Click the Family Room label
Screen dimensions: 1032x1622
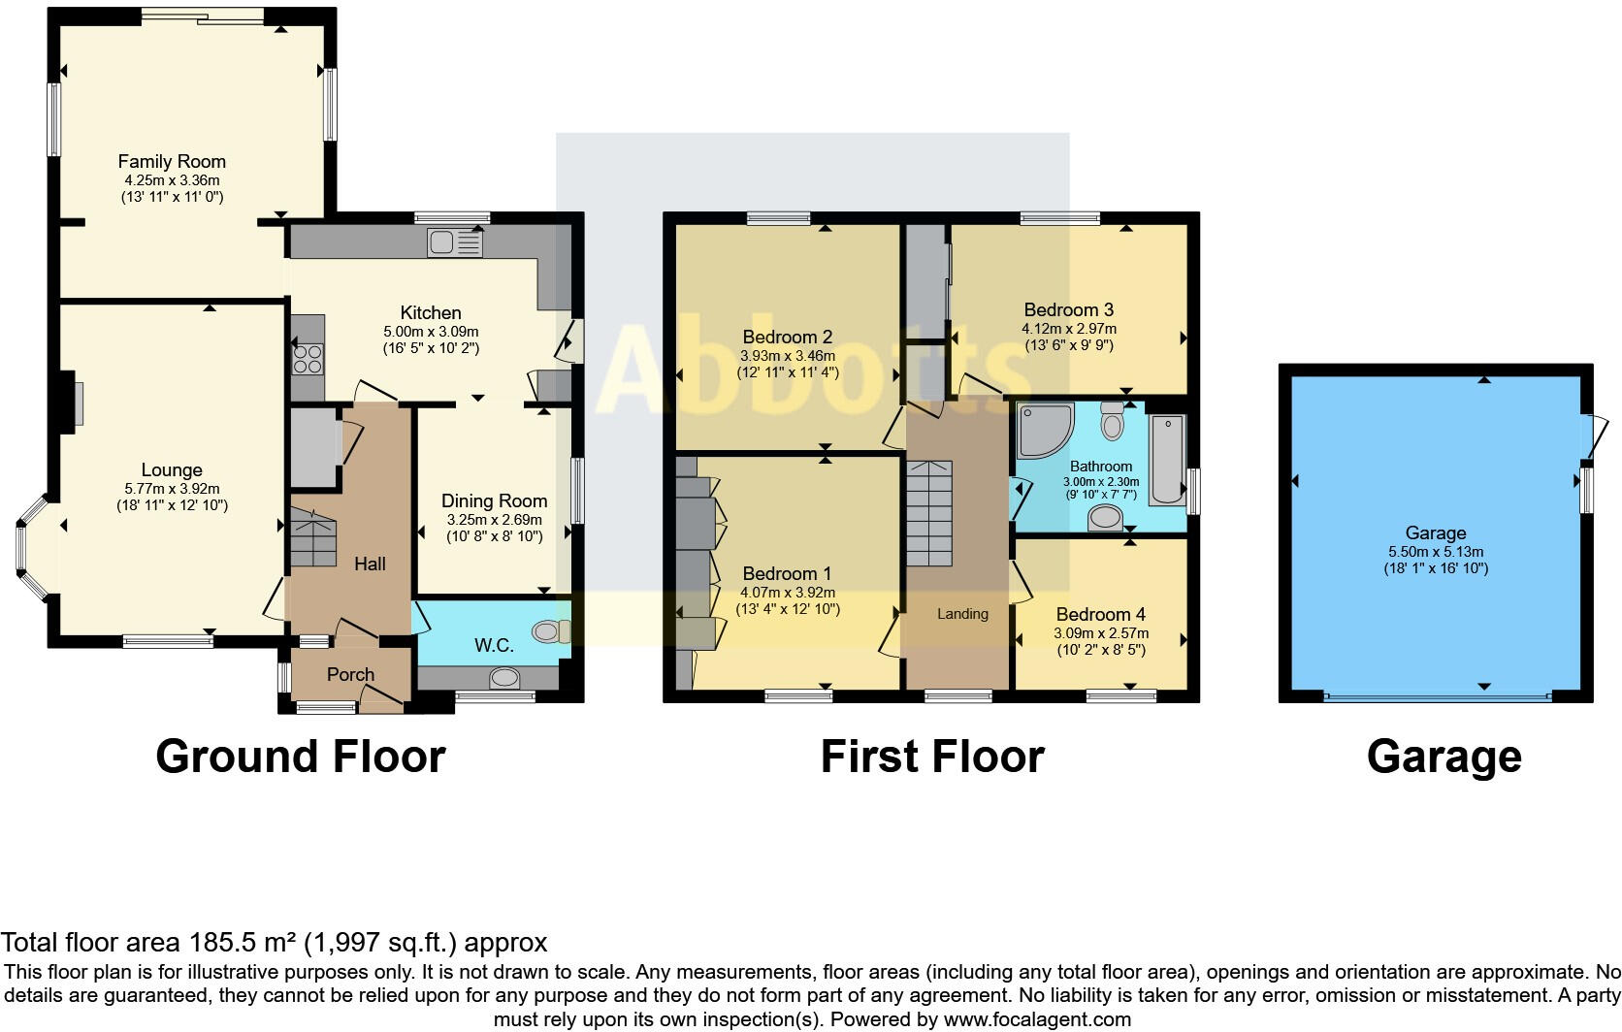click(x=172, y=161)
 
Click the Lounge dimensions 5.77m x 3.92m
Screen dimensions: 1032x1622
click(x=172, y=489)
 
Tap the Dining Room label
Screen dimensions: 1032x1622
click(x=494, y=500)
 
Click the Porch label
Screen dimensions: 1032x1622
click(x=350, y=674)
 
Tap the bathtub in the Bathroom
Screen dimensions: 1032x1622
click(x=1168, y=460)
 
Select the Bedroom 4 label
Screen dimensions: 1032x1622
click(x=1100, y=614)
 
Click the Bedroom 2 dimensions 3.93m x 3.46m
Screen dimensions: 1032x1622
click(x=787, y=356)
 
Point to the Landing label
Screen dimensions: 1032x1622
click(x=962, y=614)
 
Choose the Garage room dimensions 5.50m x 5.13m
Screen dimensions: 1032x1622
click(x=1436, y=551)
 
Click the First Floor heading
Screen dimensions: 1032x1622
click(x=931, y=757)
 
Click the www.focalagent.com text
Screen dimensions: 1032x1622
click(x=1037, y=1019)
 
